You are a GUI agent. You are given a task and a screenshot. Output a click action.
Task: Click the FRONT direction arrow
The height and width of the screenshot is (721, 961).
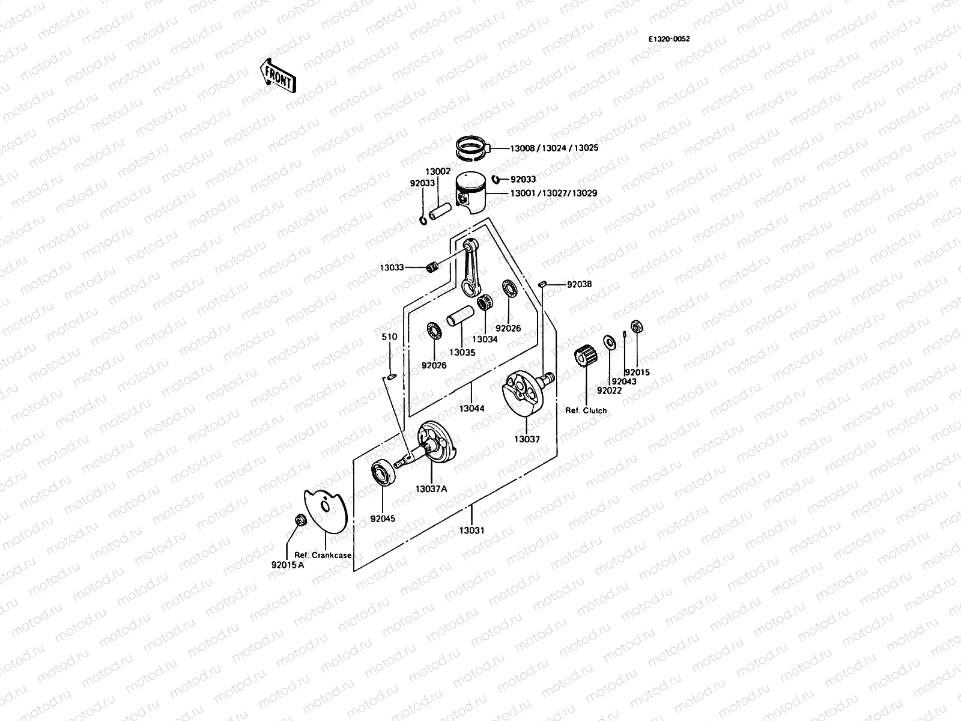[x=277, y=75]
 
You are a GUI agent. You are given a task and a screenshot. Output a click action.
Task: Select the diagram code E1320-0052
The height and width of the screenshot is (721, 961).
[x=668, y=39]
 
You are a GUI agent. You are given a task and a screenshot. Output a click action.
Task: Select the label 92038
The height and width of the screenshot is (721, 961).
[x=579, y=284]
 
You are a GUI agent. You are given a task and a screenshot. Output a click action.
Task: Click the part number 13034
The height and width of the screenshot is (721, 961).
[x=484, y=339]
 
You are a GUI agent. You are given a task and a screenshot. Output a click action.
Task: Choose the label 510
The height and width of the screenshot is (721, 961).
[x=390, y=337]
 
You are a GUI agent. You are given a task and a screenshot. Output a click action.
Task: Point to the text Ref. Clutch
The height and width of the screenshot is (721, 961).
[x=586, y=411]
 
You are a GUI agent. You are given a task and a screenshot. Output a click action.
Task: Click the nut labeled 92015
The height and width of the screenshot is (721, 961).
[x=637, y=327]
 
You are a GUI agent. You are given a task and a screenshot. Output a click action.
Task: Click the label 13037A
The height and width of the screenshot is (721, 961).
[x=431, y=488]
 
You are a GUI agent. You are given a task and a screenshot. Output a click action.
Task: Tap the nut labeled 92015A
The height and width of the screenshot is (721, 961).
[x=299, y=520]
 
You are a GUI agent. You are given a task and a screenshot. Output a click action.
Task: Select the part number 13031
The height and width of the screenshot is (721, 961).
[x=471, y=531]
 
